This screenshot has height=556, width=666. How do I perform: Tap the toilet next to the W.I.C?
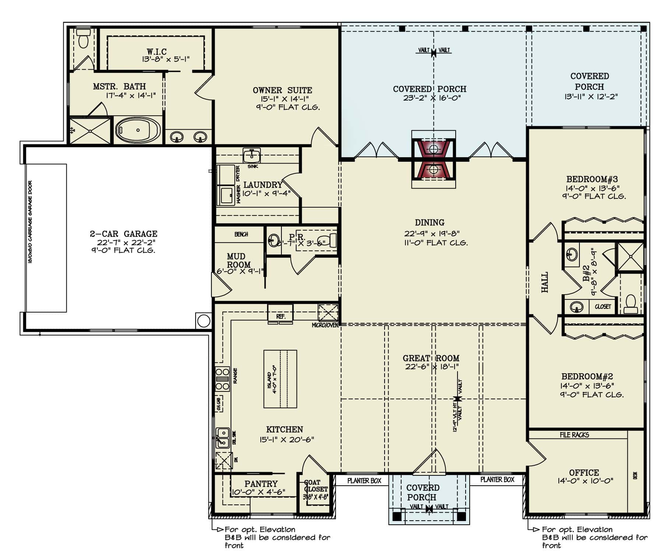pyautogui.click(x=84, y=38)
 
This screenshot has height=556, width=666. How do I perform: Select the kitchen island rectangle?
pyautogui.click(x=280, y=379)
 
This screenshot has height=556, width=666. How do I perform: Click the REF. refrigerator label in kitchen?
pyautogui.click(x=281, y=317)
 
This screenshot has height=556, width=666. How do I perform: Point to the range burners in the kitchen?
pyautogui.click(x=222, y=379)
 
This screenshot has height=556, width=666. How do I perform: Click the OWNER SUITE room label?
pyautogui.click(x=282, y=90)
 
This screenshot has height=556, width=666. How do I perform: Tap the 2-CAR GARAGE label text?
pyautogui.click(x=123, y=234)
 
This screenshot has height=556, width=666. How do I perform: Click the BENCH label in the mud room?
pyautogui.click(x=241, y=234)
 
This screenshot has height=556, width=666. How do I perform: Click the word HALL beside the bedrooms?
pyautogui.click(x=545, y=282)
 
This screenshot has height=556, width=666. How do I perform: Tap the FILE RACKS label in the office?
pyautogui.click(x=574, y=435)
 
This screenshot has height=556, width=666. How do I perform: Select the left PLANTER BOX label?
pyautogui.click(x=364, y=481)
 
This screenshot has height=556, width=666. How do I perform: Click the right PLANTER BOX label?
pyautogui.click(x=497, y=480)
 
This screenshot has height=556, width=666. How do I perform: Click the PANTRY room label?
pyautogui.click(x=261, y=483)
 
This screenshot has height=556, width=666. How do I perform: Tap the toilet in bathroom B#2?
pyautogui.click(x=631, y=303)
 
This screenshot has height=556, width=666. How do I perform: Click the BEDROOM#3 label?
pyautogui.click(x=592, y=179)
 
